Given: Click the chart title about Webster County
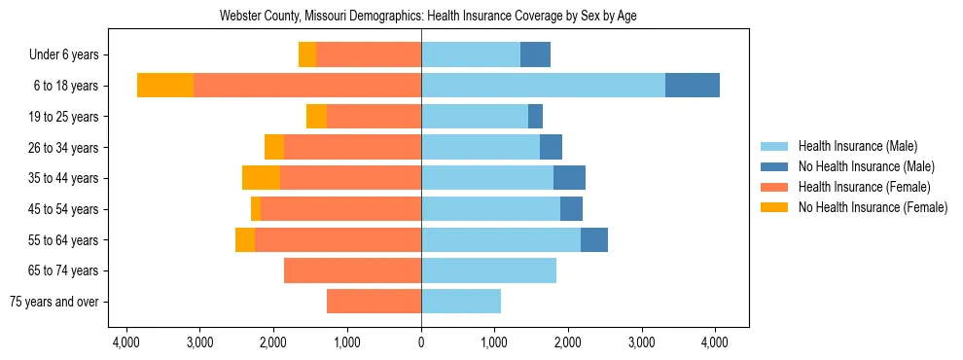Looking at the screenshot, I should point(421,17).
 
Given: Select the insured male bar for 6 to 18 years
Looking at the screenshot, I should point(543,86).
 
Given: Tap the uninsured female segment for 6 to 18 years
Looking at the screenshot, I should point(165,86).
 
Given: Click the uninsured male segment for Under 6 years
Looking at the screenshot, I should point(535,54).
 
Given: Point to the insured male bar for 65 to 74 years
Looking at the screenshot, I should point(488,270).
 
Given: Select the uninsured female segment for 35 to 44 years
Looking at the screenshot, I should point(261,178).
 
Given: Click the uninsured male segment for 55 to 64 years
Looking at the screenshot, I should point(593,239).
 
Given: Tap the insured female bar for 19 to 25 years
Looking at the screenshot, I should point(374,117).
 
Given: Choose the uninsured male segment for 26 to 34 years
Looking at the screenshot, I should point(551,147).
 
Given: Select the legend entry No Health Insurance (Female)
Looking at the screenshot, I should point(873,207).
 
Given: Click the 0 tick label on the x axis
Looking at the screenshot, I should point(421,342).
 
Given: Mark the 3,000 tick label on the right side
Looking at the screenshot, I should point(641,342).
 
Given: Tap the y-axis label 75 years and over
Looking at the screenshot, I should point(54,302).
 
